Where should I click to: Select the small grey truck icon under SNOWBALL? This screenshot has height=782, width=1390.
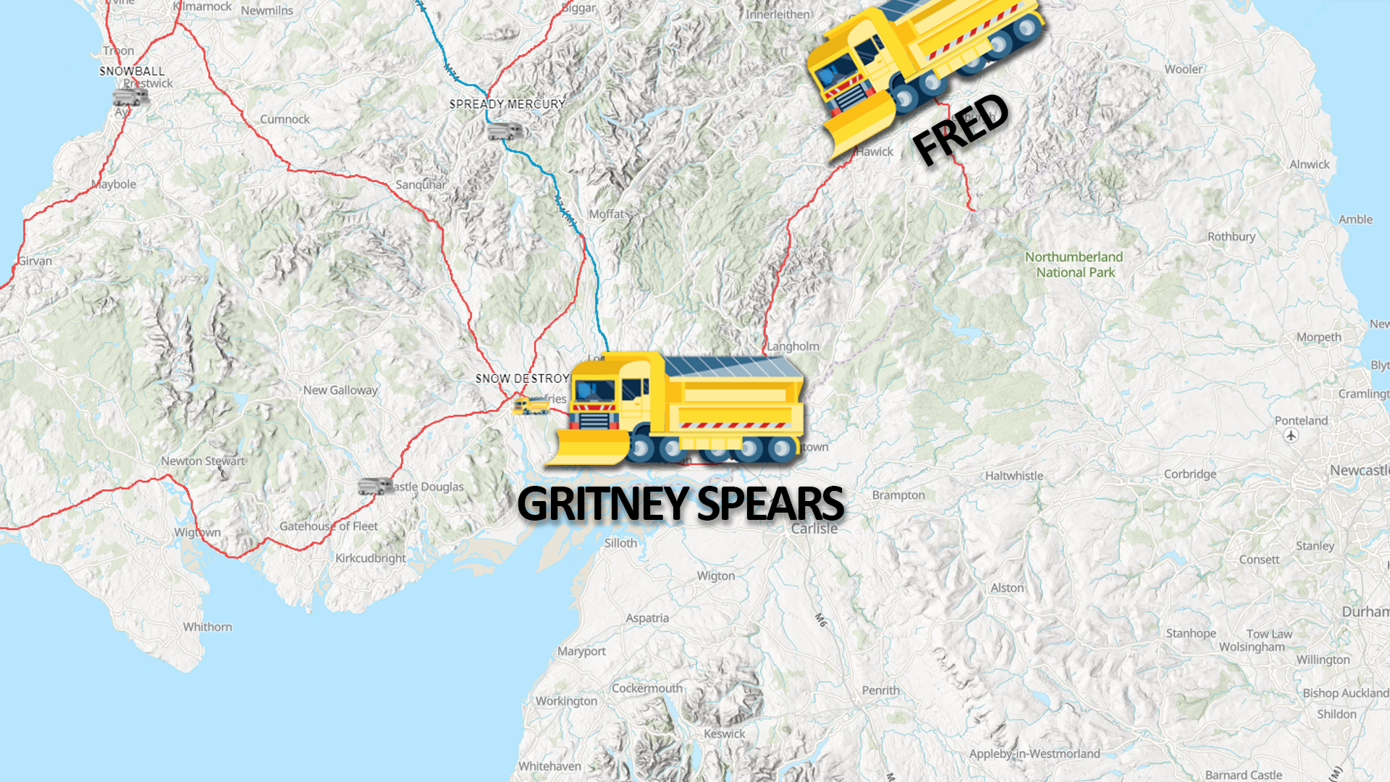point(130,96)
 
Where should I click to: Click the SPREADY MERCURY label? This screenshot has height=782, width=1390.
point(507,104)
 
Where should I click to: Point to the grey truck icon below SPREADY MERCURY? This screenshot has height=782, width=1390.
point(505,132)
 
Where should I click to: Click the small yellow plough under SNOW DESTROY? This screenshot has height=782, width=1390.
point(531,405)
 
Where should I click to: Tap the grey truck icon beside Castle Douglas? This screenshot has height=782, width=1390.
point(375,486)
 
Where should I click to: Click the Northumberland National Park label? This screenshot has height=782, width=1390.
point(1074,265)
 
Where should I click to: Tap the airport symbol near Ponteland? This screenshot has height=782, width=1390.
point(1291,435)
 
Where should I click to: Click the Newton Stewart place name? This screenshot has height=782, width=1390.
point(203,461)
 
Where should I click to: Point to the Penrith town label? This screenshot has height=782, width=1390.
point(880,691)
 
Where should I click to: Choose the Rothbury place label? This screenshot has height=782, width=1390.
point(1231,237)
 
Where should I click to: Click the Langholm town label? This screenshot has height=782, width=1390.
point(793,347)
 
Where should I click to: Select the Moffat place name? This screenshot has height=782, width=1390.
point(606,214)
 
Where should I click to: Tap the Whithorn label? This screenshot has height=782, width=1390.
point(207,627)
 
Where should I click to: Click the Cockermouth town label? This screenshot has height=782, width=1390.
point(646,689)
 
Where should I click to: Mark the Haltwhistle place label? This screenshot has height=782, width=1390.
point(1014,476)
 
